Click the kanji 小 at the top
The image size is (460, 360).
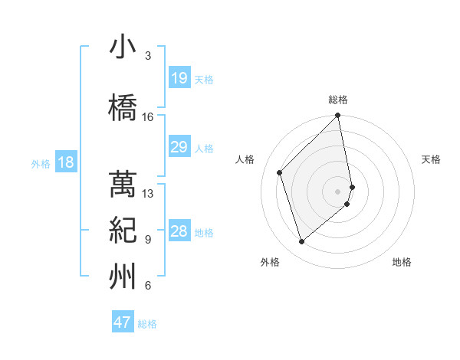point(123,47)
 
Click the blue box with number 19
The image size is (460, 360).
point(179,78)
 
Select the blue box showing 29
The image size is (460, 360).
point(179,147)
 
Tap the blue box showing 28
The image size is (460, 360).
point(179,231)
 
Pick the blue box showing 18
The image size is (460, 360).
point(65,162)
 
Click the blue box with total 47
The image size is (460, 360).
point(123,322)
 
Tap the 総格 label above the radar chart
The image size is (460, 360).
point(338,100)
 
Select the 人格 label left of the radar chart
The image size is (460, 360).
point(245,159)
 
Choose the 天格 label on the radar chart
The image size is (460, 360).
point(431,159)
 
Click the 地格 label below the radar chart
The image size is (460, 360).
point(402,262)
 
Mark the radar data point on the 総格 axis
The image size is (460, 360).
point(338,116)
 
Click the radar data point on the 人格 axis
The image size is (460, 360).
point(280,172)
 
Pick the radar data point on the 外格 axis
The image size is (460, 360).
point(302,241)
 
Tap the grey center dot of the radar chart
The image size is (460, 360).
point(338,191)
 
